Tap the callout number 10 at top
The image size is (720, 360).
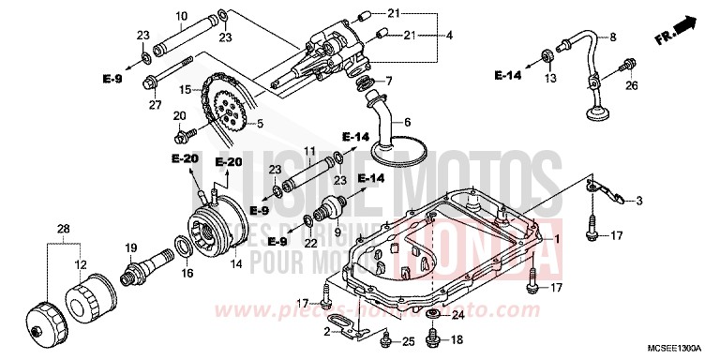coord(181,16)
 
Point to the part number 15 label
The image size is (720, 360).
coord(186,90)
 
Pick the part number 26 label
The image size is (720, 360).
coord(631,87)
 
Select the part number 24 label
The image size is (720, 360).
coord(459,315)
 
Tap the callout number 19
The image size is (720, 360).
coord(131,247)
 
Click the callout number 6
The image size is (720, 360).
coord(408,122)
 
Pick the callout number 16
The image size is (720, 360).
coord(187,274)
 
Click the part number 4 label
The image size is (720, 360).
coord(450,36)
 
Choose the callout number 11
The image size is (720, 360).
coord(308,151)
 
